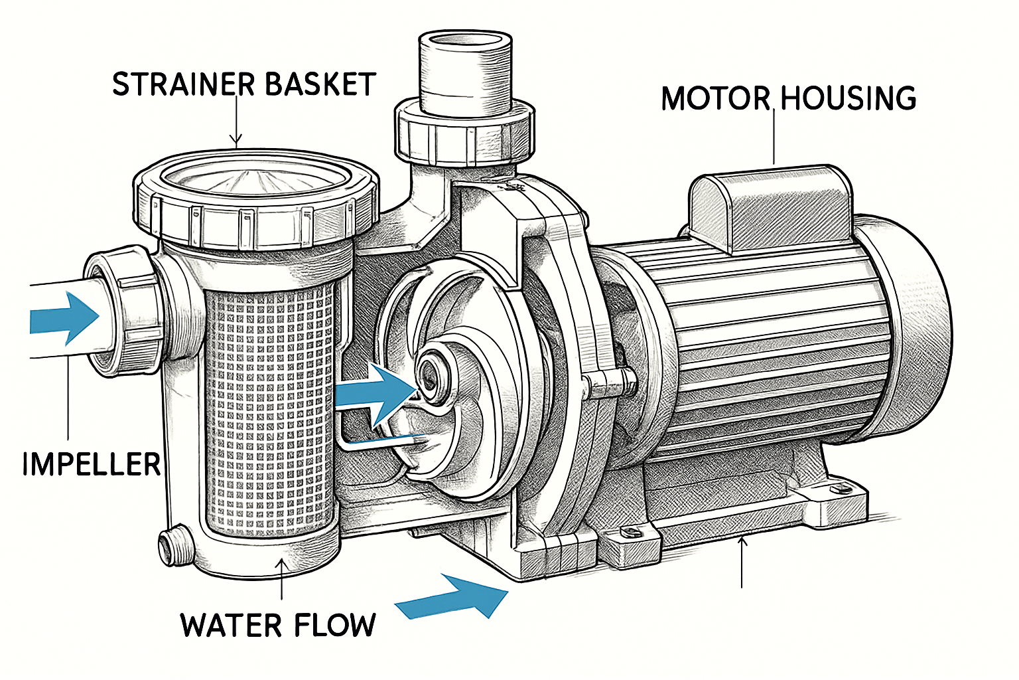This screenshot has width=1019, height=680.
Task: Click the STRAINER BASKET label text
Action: tap(243, 84)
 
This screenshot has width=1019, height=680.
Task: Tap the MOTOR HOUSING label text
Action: tap(788, 98)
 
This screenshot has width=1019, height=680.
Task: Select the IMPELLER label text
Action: tap(91, 464)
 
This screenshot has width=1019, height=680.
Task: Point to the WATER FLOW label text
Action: tap(278, 626)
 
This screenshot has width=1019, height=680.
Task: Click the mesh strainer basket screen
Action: tap(269, 412)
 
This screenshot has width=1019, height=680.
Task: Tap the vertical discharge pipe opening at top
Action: tap(466, 44)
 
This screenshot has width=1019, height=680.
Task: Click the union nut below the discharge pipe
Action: tap(464, 136)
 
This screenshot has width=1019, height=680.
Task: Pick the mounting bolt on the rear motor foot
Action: tap(844, 488)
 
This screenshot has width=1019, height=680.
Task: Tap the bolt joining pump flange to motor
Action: tap(607, 381)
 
